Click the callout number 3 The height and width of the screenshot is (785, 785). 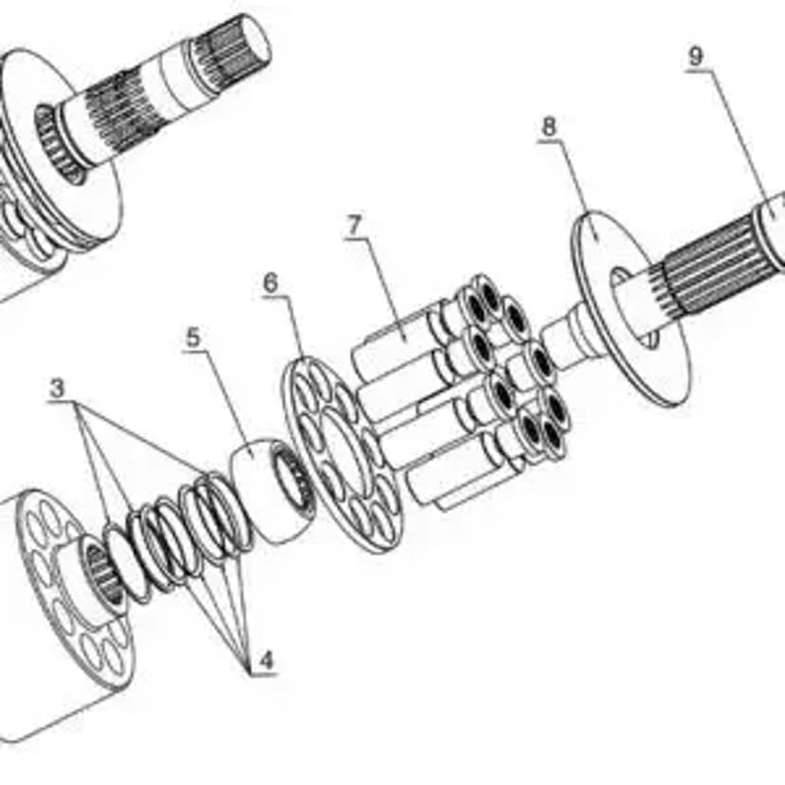tap(57, 388)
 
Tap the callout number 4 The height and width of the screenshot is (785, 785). tap(266, 661)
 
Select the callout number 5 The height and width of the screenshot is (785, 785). tap(192, 338)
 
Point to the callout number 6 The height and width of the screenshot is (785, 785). tap(270, 283)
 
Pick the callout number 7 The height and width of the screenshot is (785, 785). tap(354, 226)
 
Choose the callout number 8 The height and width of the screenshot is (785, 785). tap(549, 127)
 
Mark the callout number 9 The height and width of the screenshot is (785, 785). tap(696, 57)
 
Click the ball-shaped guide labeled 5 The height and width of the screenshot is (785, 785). tap(273, 489)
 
